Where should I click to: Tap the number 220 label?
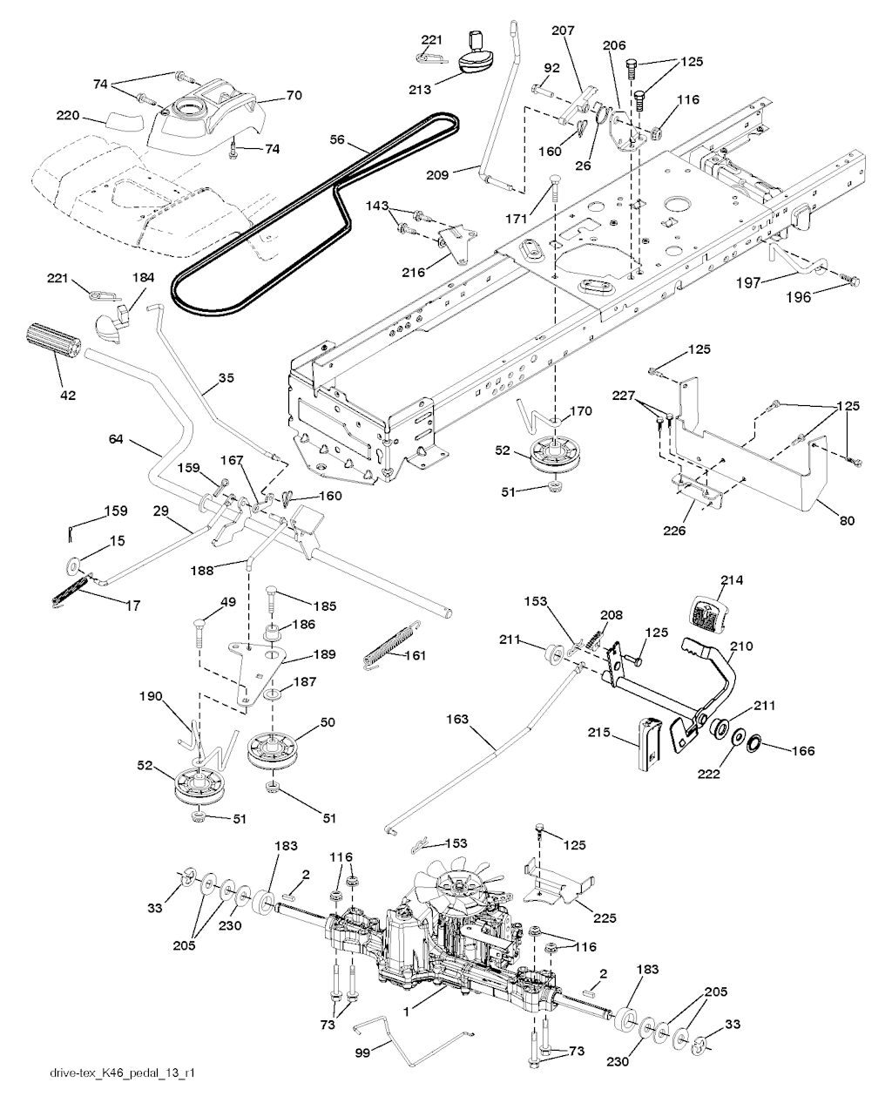[x=68, y=114]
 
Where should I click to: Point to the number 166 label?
[x=803, y=751]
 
